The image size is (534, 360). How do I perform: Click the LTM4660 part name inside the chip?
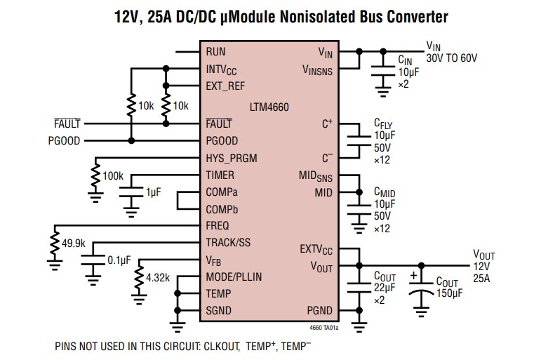click(269, 107)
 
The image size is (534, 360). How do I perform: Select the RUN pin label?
click(216, 53)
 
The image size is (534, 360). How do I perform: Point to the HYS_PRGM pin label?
click(232, 157)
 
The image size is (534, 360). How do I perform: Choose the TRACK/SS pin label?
click(227, 243)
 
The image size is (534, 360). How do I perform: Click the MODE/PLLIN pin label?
click(234, 277)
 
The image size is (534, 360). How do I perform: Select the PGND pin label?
click(319, 311)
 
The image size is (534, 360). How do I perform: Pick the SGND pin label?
click(219, 311)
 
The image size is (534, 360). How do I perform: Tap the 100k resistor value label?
click(113, 175)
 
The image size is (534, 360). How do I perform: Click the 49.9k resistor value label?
click(74, 243)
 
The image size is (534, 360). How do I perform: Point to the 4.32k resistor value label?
click(157, 278)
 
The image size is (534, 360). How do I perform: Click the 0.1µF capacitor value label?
click(119, 260)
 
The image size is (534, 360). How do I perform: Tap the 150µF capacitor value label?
click(451, 293)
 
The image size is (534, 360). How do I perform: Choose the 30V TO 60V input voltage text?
click(451, 58)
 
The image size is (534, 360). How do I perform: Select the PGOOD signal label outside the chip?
click(64, 140)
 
